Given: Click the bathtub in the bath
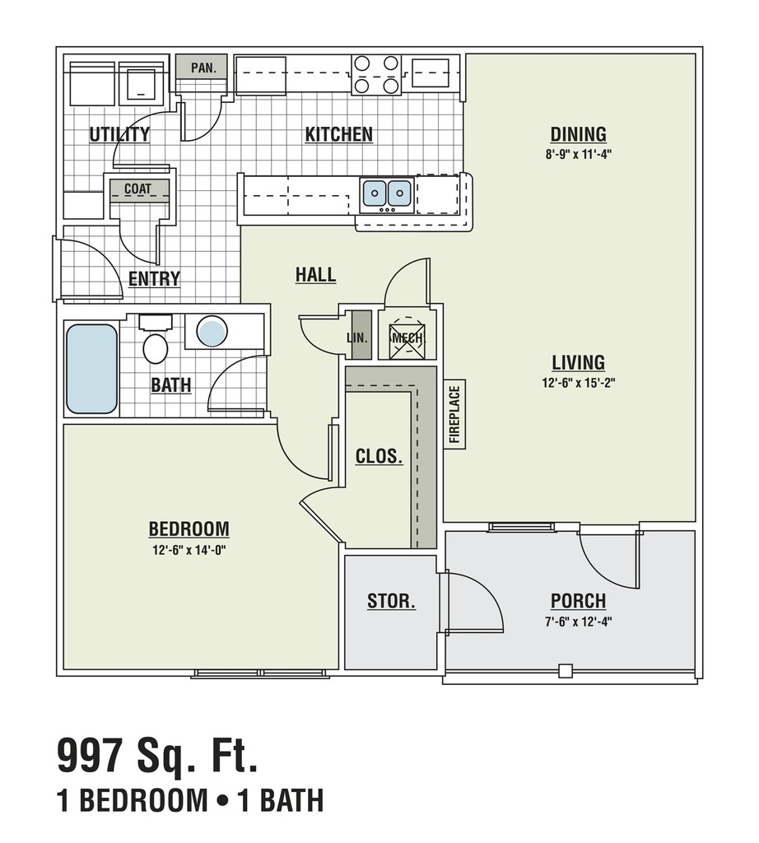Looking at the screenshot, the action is (x=91, y=368).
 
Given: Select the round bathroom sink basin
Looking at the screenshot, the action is (x=212, y=331).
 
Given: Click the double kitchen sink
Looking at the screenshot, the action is (x=387, y=193).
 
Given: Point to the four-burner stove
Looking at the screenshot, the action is (x=376, y=75).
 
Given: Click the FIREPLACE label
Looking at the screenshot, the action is (x=454, y=414).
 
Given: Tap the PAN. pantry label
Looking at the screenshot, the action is (x=203, y=68).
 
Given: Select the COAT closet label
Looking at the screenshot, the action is (x=138, y=189).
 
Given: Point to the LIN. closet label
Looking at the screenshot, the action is (x=357, y=338).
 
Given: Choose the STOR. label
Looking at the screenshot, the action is (x=391, y=600).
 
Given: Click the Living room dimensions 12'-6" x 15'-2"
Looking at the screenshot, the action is (x=579, y=383).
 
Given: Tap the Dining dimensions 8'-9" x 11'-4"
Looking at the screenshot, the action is (x=579, y=154).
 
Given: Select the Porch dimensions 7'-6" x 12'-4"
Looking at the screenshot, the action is (x=579, y=622).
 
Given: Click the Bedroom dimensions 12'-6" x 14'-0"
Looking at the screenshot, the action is (x=189, y=550).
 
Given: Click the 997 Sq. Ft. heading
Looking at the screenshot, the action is (x=157, y=756).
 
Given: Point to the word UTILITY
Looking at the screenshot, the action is (x=119, y=134).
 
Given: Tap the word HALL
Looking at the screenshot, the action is (x=315, y=275).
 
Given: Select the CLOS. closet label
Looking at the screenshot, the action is (x=379, y=456).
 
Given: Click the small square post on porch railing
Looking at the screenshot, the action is (x=565, y=671).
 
